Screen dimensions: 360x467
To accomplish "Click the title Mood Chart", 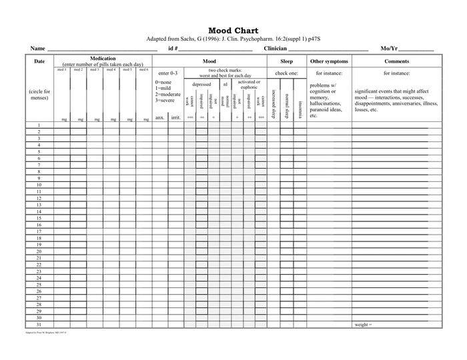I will click(x=233, y=31).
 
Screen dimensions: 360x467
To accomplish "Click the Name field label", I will click(x=37, y=49).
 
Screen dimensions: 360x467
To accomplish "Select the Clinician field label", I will click(x=276, y=49).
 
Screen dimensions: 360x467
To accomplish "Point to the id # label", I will click(x=173, y=49).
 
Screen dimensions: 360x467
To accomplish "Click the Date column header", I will click(x=39, y=61).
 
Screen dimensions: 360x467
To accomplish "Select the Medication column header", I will click(x=103, y=59).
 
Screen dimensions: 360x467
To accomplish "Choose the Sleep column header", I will click(x=286, y=61).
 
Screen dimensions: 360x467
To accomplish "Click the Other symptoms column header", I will click(x=329, y=61).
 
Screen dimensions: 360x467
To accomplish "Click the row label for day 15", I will click(x=39, y=218).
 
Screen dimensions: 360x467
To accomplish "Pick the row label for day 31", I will click(x=39, y=324).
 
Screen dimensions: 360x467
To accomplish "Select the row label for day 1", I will click(x=39, y=125).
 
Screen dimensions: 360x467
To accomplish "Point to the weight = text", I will click(x=363, y=324).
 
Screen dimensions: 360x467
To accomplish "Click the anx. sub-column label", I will click(x=160, y=117).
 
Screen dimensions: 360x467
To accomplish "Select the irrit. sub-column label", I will click(x=175, y=117).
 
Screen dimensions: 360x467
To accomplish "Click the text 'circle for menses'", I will click(x=39, y=95).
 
